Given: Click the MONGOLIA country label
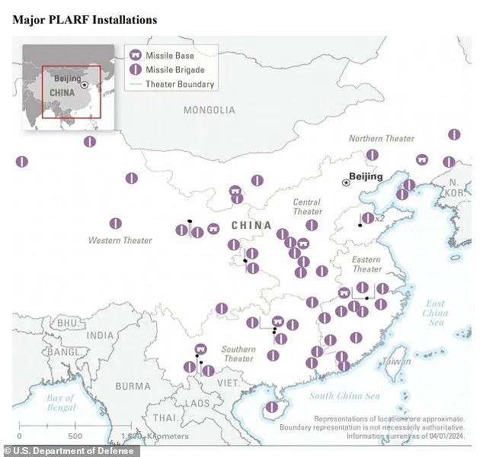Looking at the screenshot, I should coord(209,110).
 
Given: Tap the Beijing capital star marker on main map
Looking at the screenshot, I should coord(347,182).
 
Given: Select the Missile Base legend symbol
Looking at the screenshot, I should coord(135,56).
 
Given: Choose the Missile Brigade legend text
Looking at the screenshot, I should coord(174,69).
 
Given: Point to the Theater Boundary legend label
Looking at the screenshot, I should coord(180,84).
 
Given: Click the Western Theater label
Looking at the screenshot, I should coord(120,240).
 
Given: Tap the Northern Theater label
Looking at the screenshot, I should coord(382,139).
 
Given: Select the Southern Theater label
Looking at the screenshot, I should coord(238,354).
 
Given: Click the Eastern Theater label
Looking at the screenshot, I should coord(366,264).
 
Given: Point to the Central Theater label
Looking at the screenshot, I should coord(307,207).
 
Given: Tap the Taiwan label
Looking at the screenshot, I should coord(396,361).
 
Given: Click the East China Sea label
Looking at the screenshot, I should coord(435,313).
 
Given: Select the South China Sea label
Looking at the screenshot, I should coord(344,395).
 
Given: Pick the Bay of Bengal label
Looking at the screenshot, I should coord(59,403).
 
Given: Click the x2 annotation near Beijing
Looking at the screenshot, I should coord(379,218).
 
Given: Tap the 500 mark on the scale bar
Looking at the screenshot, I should coord(75,436).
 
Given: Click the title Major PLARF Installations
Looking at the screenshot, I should coord(85,19).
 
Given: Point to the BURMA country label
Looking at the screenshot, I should coord(133,386).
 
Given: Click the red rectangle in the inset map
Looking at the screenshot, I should coord(72,92).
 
